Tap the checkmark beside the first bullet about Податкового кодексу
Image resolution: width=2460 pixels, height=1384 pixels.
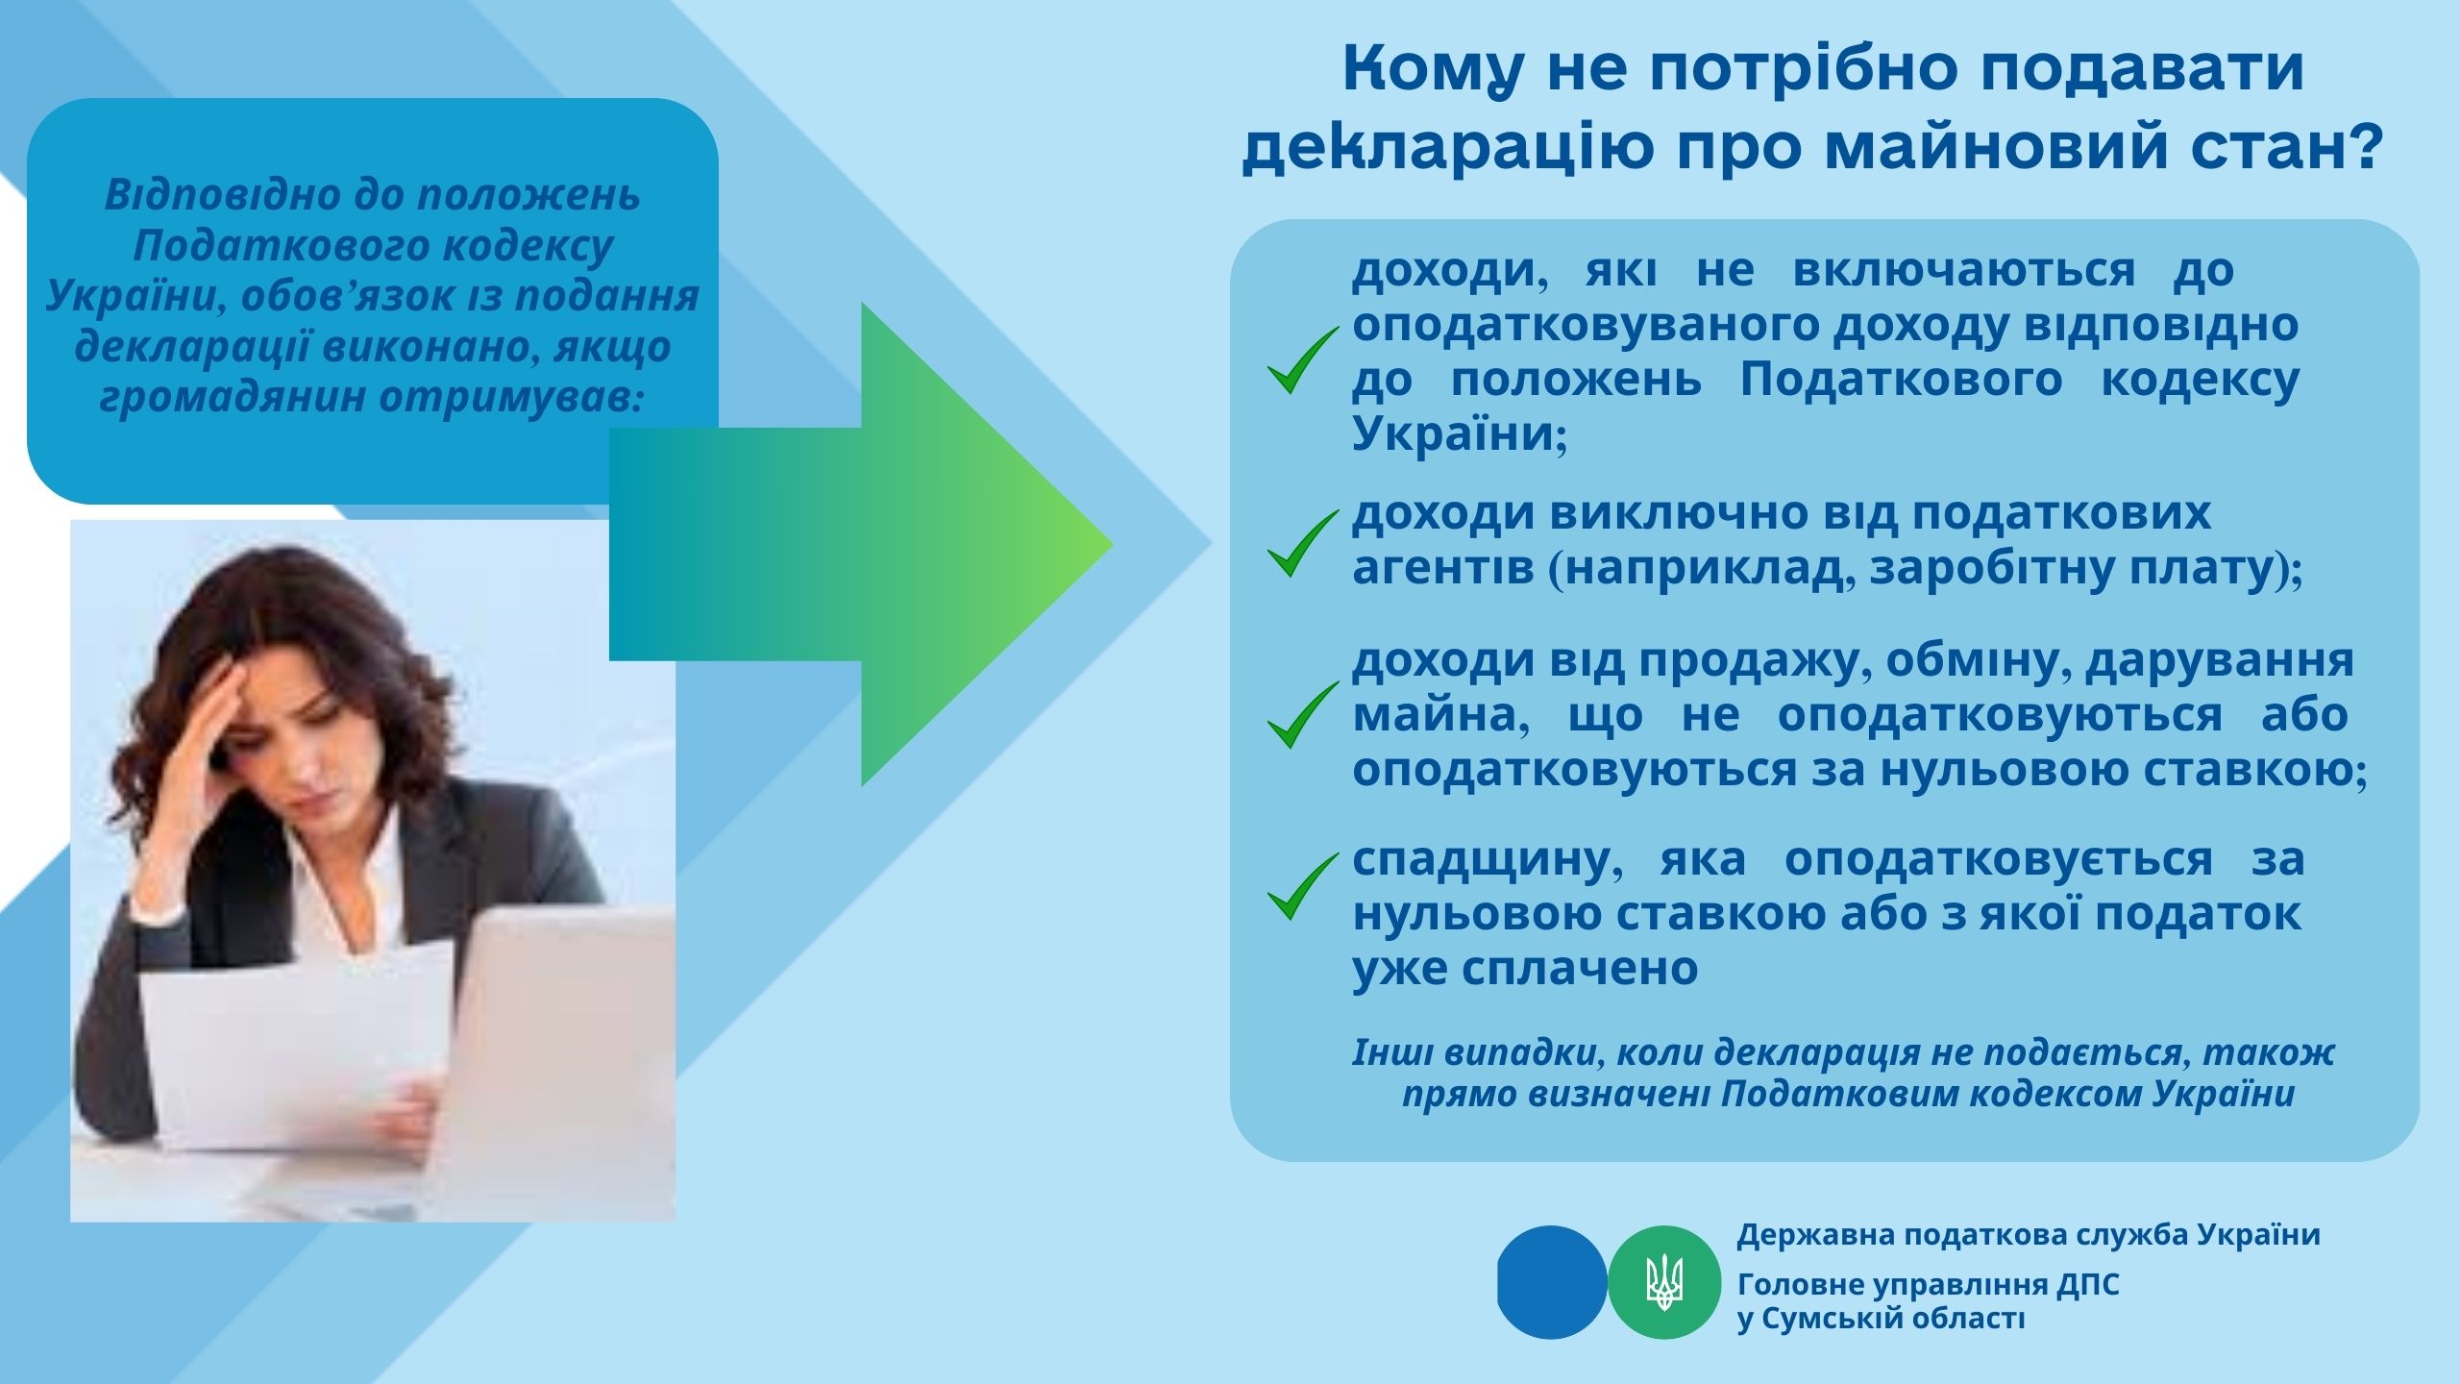coord(1302,359)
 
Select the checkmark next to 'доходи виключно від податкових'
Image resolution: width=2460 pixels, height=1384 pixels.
coord(1302,543)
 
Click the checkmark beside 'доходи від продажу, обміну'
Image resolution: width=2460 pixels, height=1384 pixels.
coord(1302,714)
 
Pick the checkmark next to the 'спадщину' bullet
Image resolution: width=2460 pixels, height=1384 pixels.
coord(1302,885)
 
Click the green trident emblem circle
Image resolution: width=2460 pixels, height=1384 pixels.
coord(1664,1282)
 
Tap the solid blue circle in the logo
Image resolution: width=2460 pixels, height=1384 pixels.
coord(1552,1282)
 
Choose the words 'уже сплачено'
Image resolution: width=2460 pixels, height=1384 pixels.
coord(1525,970)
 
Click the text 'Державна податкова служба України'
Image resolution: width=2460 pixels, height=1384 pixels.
coord(2029,1235)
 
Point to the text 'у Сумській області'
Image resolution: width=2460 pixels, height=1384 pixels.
coord(1881,1320)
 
